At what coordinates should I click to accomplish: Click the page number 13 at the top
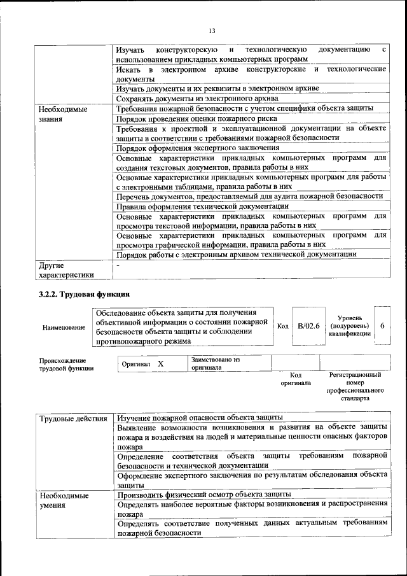coord(212,31)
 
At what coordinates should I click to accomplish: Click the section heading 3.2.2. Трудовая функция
coord(84,295)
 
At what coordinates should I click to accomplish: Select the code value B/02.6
coord(308,326)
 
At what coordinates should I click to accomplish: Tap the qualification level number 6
coord(382,326)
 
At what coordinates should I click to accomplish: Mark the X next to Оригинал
coord(161,363)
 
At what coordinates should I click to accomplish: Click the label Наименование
coord(63,327)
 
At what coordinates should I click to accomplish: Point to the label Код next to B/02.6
coord(283,326)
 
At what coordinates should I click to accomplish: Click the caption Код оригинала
coord(296,379)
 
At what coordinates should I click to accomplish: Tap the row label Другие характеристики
coord(66,270)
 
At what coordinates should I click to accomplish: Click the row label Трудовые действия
coord(73,418)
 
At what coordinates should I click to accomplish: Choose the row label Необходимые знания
coord(62,114)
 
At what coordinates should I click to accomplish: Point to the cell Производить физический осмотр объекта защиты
coord(205,494)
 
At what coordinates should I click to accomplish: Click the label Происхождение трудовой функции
coord(66,363)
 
